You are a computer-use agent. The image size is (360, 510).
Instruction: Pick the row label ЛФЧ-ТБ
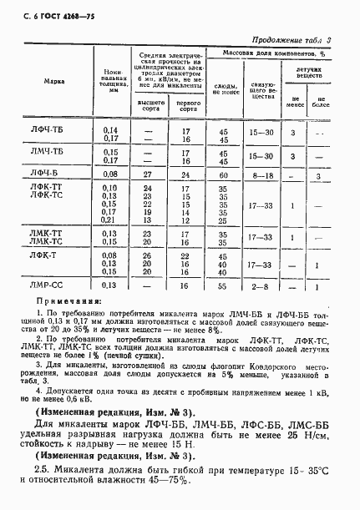(51, 132)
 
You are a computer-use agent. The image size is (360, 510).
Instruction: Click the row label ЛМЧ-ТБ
(51, 154)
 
